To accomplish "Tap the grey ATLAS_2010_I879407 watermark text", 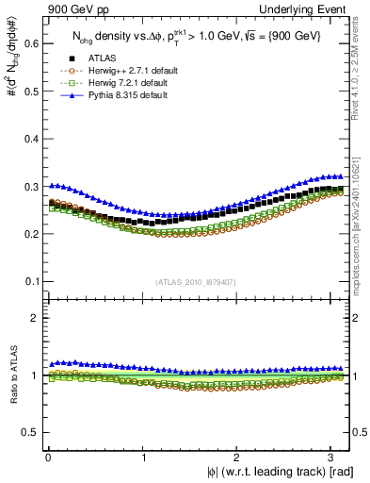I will [x=197, y=281].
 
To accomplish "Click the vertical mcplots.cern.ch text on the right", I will [x=362, y=217].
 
